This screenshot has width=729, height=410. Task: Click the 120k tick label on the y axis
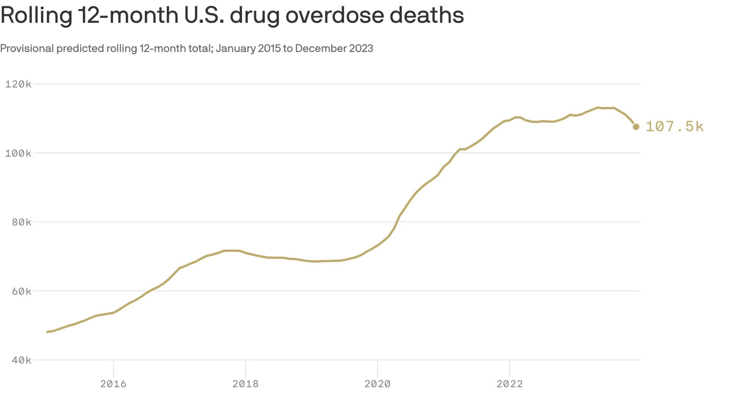click(18, 84)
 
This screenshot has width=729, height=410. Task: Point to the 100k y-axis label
click(18, 153)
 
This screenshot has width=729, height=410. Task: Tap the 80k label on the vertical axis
click(21, 222)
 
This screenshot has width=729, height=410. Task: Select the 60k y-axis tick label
click(21, 291)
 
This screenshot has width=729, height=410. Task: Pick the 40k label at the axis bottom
click(21, 360)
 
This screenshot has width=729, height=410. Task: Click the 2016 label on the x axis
click(113, 384)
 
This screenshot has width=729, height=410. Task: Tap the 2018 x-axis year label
click(245, 384)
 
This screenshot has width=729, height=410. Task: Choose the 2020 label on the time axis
click(377, 384)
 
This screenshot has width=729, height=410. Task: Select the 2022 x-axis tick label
click(510, 384)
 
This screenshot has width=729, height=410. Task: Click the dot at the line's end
click(636, 127)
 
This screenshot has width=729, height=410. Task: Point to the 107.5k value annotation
click(674, 127)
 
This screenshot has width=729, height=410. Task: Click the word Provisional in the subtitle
click(27, 49)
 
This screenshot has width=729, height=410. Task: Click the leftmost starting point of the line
click(47, 332)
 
